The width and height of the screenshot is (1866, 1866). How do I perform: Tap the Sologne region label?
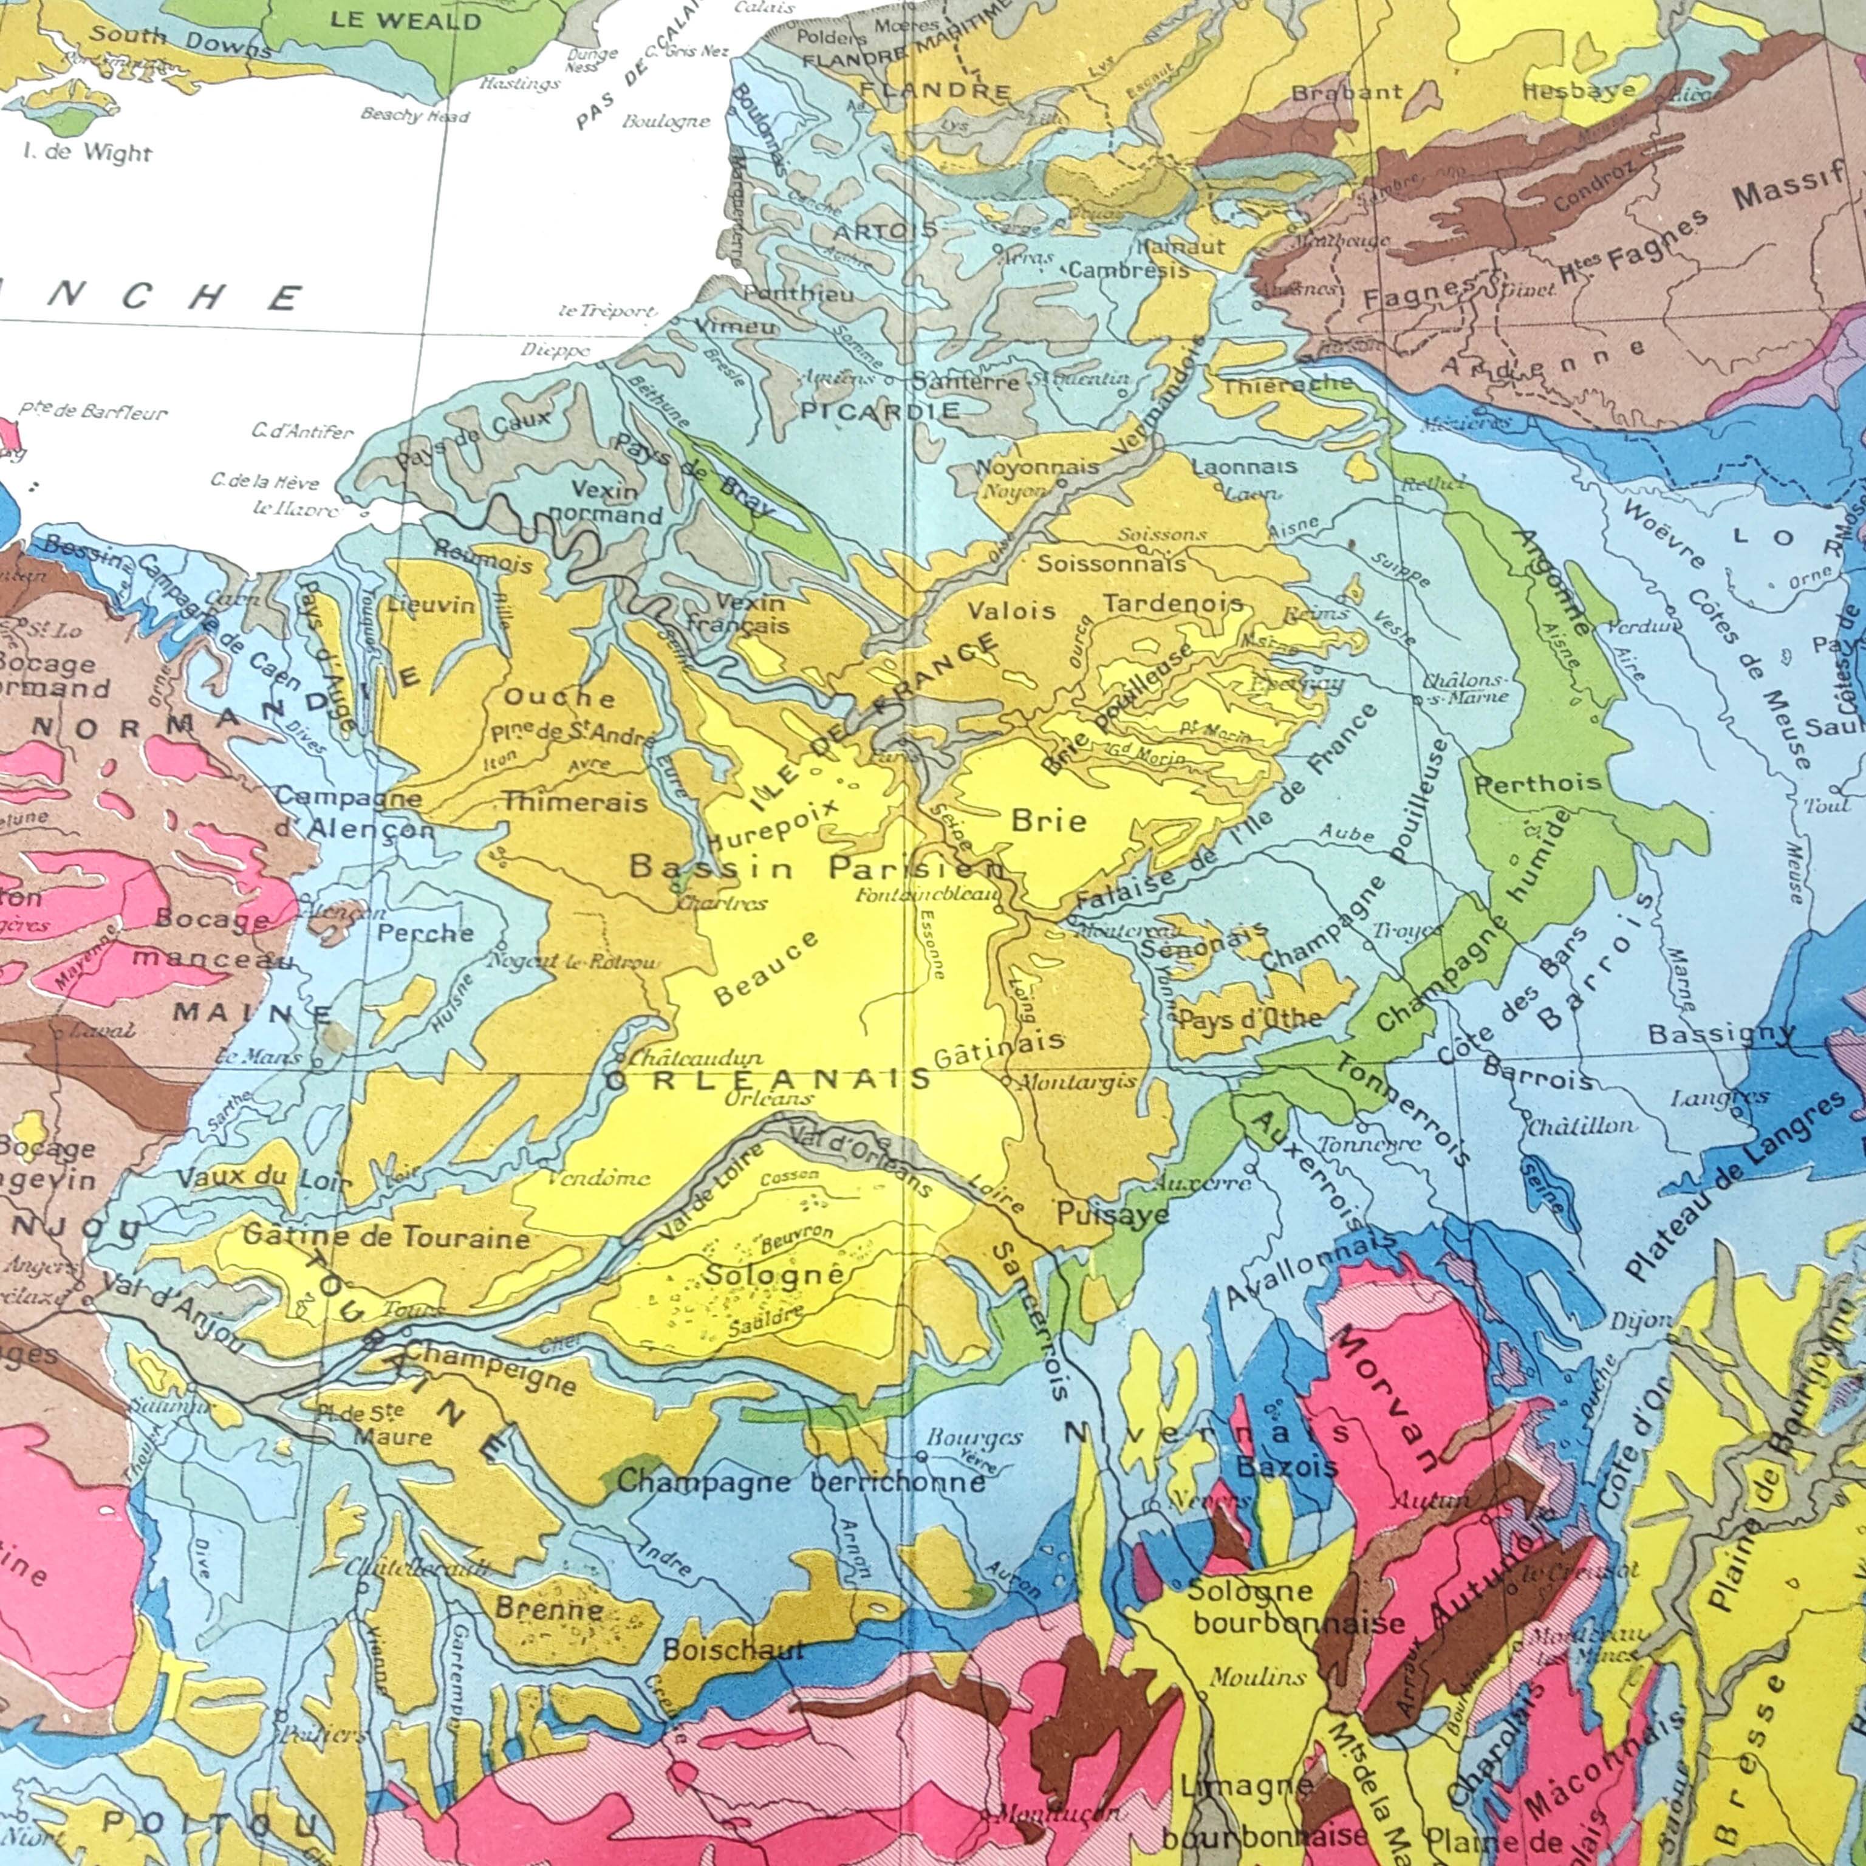click(774, 1275)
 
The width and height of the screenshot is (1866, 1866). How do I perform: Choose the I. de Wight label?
click(87, 152)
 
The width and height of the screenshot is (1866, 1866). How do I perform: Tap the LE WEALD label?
click(406, 21)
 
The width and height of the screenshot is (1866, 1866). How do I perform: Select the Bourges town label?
click(974, 1436)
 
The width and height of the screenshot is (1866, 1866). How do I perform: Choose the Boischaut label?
click(733, 1650)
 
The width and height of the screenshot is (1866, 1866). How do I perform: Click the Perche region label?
click(425, 933)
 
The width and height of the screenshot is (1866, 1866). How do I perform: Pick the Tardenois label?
click(1172, 604)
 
